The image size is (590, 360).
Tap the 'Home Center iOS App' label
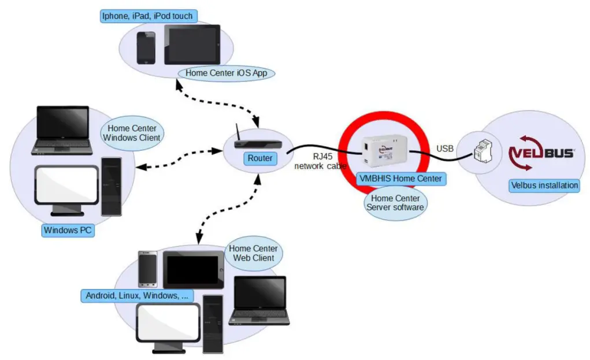(226, 73)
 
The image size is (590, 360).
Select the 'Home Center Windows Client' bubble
(131, 133)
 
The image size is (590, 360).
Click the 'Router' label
(259, 158)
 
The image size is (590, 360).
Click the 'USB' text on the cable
(445, 149)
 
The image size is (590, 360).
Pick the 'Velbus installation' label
(544, 185)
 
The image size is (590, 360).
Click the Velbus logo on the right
(541, 153)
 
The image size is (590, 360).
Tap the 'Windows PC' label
(68, 230)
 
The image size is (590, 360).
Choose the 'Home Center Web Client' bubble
(253, 253)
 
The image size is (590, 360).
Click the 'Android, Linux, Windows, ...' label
(136, 295)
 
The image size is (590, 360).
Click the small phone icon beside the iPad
(146, 47)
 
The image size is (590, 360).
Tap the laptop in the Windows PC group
(62, 131)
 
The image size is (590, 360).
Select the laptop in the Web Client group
(260, 300)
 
